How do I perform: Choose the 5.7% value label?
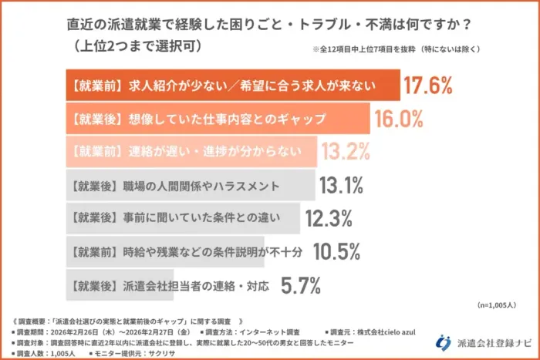[x=300, y=286]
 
